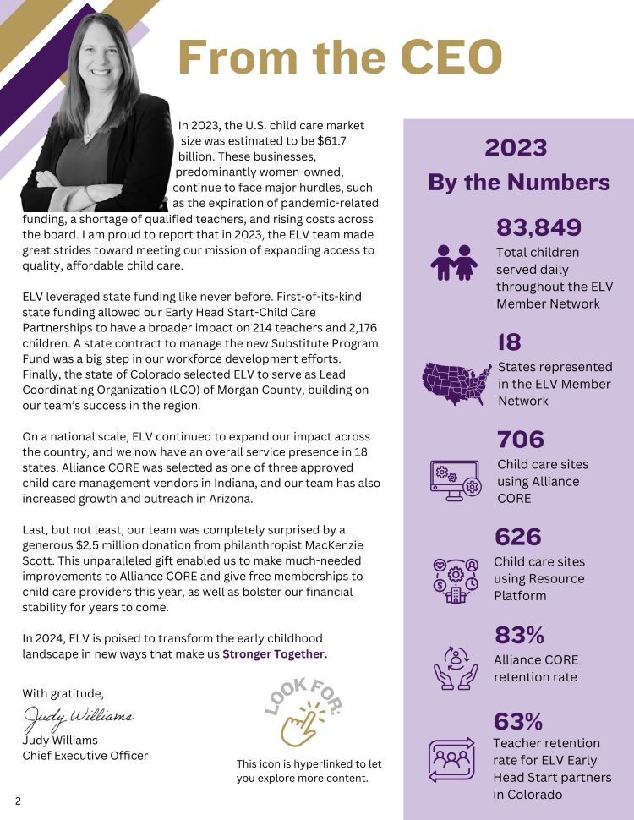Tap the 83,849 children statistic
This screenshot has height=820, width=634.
[538, 227]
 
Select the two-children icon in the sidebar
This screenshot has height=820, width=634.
[454, 262]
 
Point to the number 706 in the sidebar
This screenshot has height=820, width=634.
[521, 440]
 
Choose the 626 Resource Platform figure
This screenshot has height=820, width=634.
[517, 537]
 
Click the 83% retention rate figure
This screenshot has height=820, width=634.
[518, 635]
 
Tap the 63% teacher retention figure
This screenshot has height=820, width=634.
[518, 721]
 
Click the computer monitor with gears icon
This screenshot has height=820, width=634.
[456, 480]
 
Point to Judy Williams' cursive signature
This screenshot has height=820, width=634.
[77, 718]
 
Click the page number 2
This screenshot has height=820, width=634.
[17, 799]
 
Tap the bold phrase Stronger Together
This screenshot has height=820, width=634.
[274, 653]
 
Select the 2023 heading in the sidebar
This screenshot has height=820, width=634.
[516, 148]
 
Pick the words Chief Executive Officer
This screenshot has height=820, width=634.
[85, 755]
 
